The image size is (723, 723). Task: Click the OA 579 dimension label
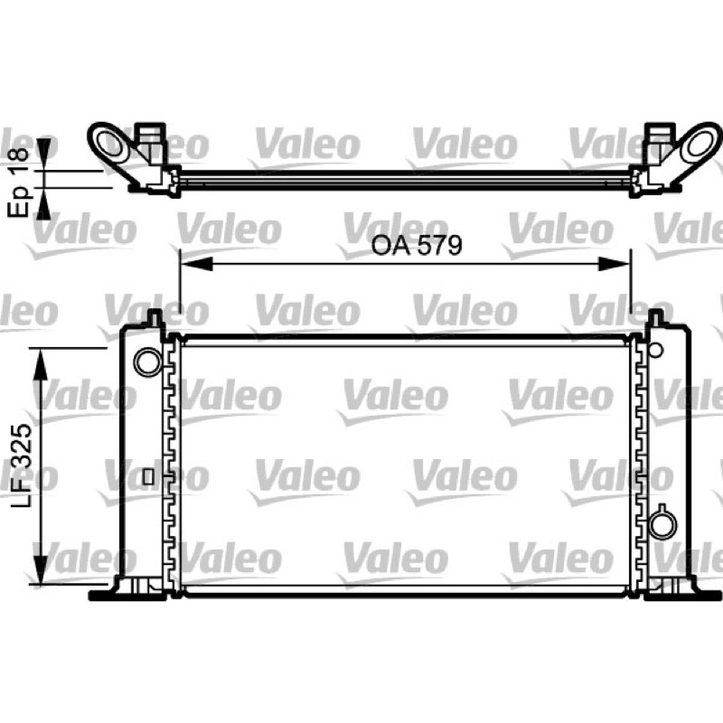click(417, 245)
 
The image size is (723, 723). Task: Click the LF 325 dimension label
click(21, 465)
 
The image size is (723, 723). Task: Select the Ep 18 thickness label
click(18, 183)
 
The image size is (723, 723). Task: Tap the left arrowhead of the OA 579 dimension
click(197, 264)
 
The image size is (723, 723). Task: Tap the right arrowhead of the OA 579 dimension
click(614, 264)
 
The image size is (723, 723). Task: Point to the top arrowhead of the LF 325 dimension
click(41, 364)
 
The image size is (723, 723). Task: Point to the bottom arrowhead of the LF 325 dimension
click(41, 569)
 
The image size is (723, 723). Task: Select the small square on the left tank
click(148, 476)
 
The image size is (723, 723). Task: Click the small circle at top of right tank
click(655, 350)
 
